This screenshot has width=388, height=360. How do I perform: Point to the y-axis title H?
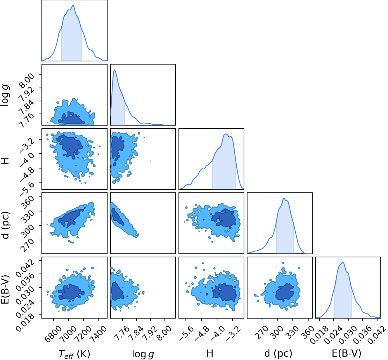click(6, 161)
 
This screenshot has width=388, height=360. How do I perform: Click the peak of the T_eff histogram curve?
click(73, 5)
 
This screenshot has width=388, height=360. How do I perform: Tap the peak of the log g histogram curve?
click(115, 69)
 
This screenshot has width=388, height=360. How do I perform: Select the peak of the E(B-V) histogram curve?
click(343, 262)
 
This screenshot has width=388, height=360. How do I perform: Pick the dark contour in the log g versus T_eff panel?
click(71, 118)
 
